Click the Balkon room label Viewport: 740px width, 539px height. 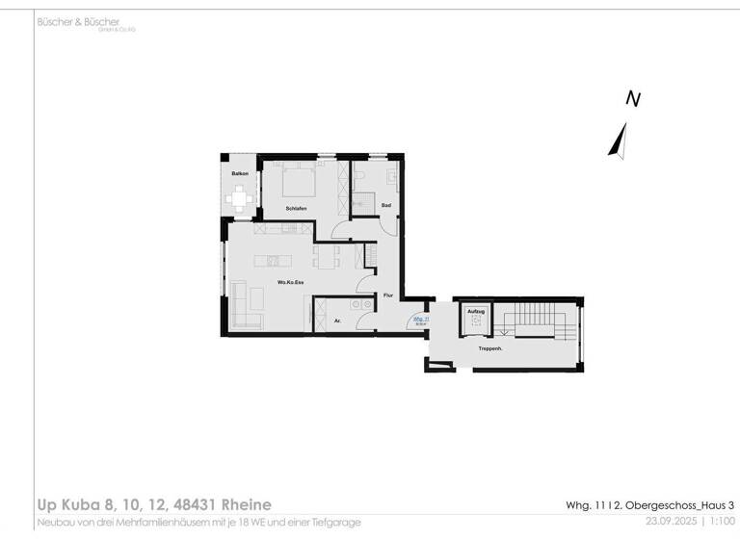pos(240,173)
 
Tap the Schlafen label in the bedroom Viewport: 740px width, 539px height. pos(296,209)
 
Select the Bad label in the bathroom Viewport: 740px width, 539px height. pos(385,205)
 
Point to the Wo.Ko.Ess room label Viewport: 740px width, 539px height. pos(290,282)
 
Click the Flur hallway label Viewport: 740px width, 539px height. pos(388,295)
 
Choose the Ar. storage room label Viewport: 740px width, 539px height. pos(337,321)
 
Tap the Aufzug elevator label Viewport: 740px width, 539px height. pos(475,312)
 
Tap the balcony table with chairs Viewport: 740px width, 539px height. pos(239,199)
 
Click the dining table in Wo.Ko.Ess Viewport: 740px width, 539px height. pos(326,257)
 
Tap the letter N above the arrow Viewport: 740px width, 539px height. pos(633,98)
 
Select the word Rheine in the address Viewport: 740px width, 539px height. pos(239,504)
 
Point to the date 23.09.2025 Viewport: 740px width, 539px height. pos(671,521)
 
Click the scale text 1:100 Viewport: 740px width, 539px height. pos(720,521)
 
